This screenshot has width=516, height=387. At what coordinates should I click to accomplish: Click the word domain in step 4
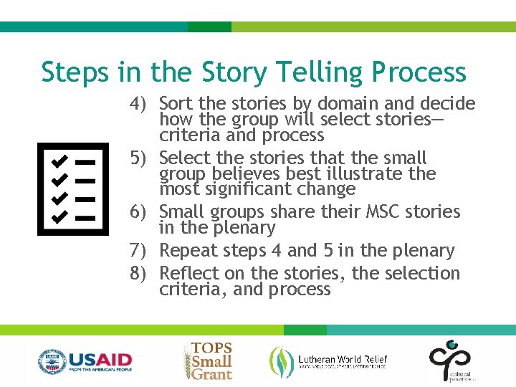tap(347, 104)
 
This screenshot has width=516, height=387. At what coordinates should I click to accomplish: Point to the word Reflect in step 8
tap(188, 274)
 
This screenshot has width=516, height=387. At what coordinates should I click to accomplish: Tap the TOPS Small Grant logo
tap(208, 360)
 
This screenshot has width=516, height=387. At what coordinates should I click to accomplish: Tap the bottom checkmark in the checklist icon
tap(59, 215)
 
